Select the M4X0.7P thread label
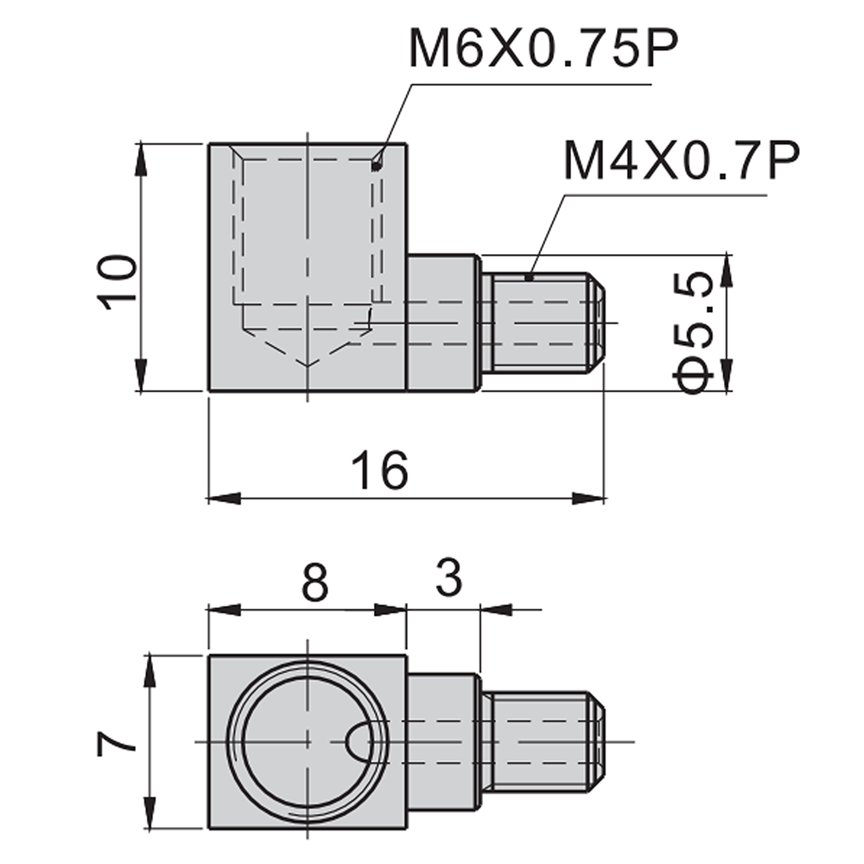[x=680, y=162]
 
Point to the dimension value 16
[x=379, y=471]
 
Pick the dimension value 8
[x=315, y=585]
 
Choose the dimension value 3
[x=448, y=580]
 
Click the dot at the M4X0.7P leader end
[x=530, y=277]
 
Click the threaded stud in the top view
[x=543, y=322]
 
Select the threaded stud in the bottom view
[x=543, y=741]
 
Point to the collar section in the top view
[x=442, y=322]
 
